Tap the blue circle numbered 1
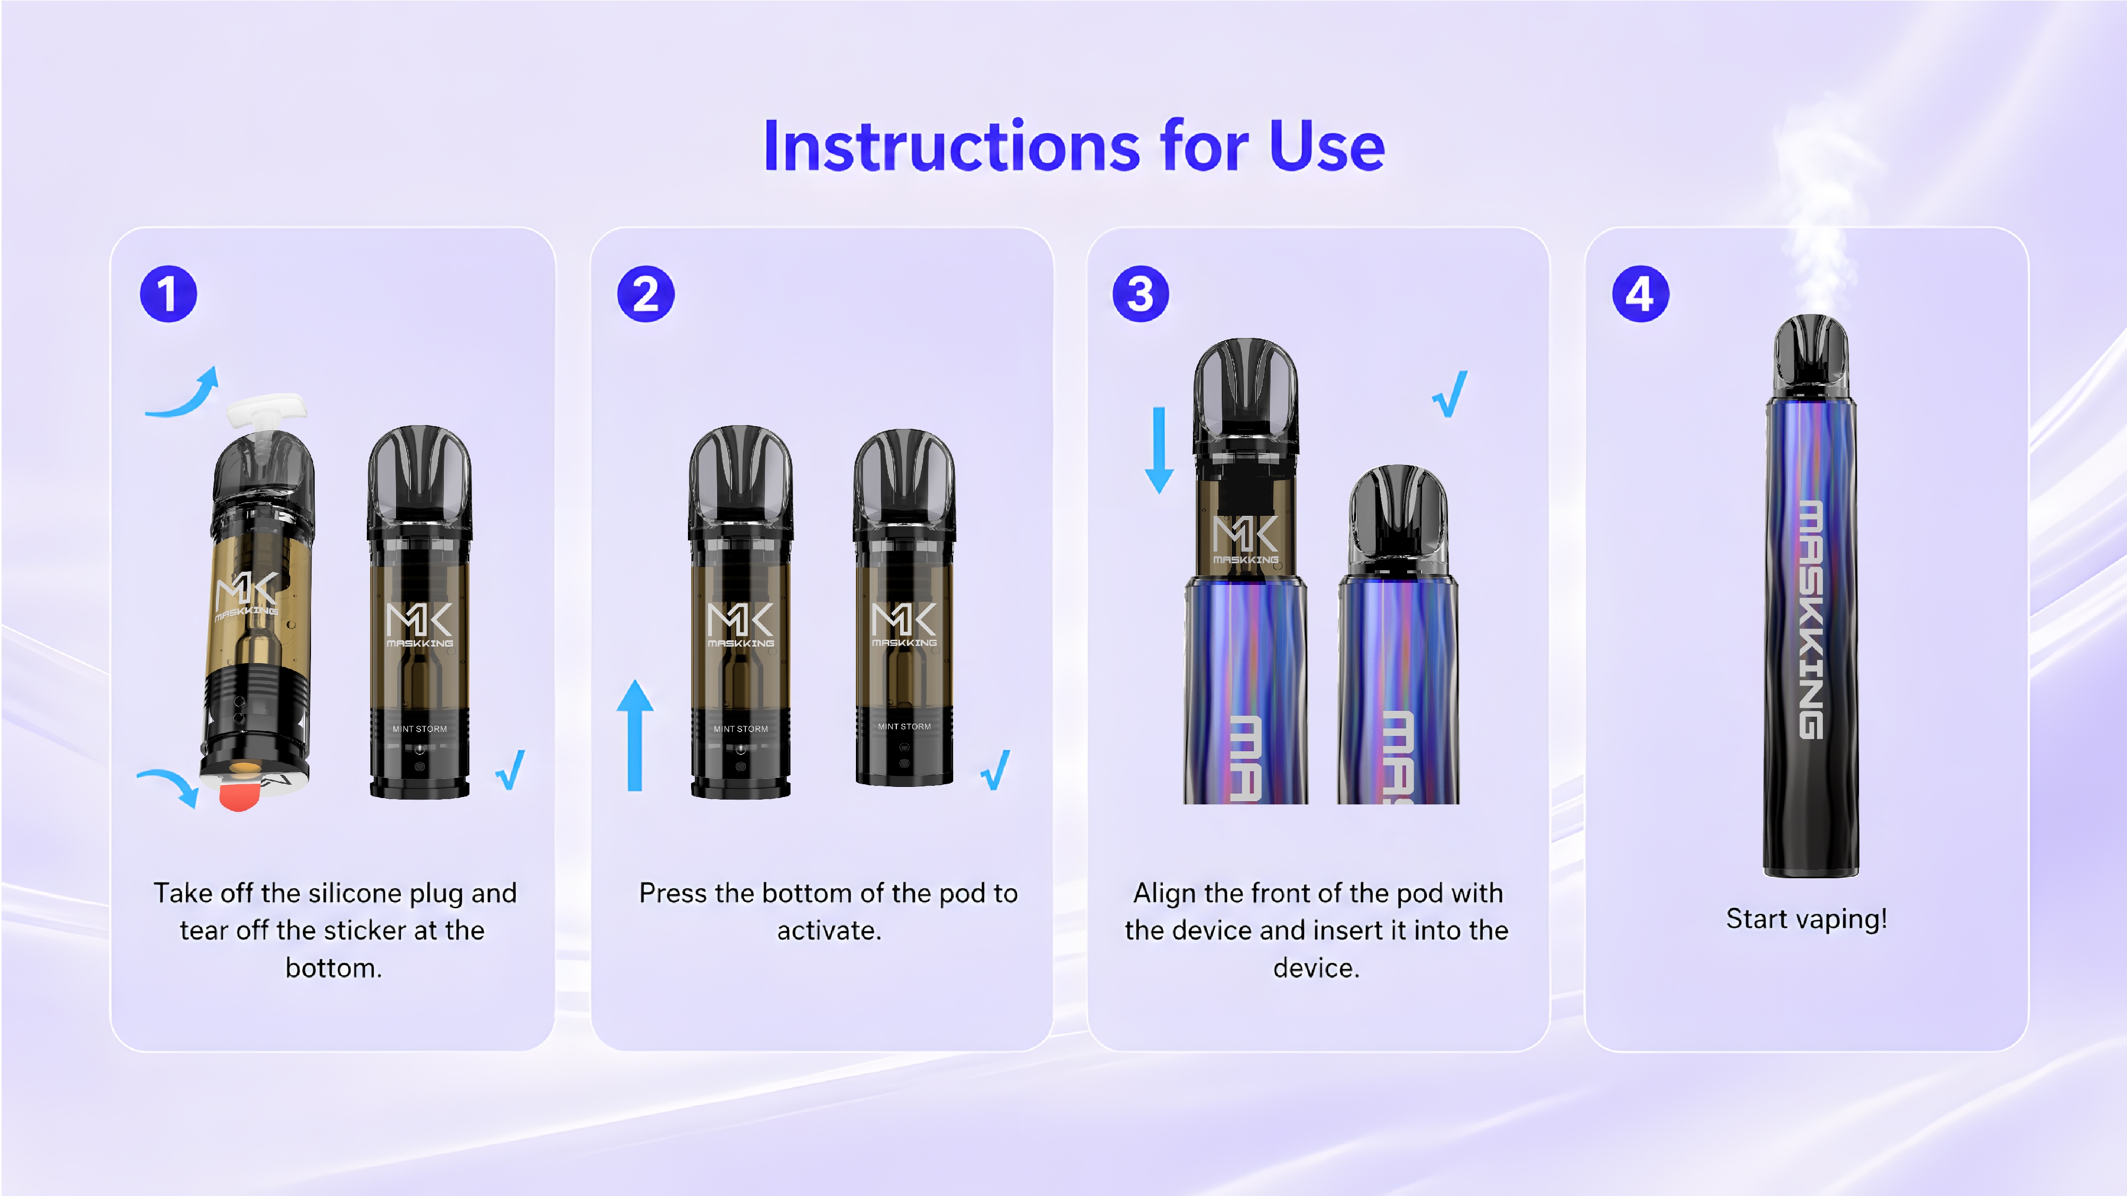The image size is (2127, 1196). click(x=169, y=294)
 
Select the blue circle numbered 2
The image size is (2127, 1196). click(x=646, y=294)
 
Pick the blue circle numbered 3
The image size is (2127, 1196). click(x=1140, y=294)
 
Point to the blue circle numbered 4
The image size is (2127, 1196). click(x=1641, y=294)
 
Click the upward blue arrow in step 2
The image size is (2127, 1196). click(x=635, y=735)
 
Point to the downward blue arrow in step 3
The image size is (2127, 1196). click(x=1159, y=450)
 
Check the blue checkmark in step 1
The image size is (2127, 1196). click(x=510, y=770)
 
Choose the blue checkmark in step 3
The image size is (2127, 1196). click(x=1450, y=395)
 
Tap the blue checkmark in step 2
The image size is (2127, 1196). click(x=995, y=770)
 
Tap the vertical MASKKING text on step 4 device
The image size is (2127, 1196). click(x=1811, y=619)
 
